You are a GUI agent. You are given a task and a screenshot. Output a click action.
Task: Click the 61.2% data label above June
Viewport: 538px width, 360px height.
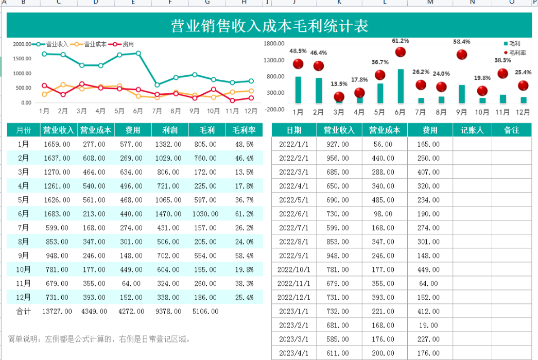click(x=400, y=41)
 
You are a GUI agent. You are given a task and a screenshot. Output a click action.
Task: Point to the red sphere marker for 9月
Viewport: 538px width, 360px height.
click(x=462, y=55)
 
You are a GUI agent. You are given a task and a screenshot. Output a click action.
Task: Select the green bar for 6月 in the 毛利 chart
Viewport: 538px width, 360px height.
click(x=401, y=86)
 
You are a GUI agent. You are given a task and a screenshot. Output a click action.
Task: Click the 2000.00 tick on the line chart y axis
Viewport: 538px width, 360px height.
click(x=22, y=44)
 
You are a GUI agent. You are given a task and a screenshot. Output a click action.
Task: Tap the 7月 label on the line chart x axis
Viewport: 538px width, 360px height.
click(x=157, y=111)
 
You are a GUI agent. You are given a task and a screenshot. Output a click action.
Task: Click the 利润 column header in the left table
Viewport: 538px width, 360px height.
click(x=170, y=130)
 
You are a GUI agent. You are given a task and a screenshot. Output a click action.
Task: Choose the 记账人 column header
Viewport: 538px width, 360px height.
click(x=472, y=130)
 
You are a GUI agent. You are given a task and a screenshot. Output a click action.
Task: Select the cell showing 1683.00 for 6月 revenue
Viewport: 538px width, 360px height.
click(x=58, y=214)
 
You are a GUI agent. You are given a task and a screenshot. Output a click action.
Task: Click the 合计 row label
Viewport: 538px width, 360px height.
click(x=24, y=311)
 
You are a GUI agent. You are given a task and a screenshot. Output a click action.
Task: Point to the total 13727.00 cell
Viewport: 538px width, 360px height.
click(x=58, y=311)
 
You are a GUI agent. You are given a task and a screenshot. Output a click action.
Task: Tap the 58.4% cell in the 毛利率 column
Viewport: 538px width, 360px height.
click(x=244, y=255)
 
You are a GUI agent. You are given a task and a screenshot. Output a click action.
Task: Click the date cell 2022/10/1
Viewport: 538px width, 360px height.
click(x=294, y=269)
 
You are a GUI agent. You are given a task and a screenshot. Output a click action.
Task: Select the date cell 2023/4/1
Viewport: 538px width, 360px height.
click(x=294, y=353)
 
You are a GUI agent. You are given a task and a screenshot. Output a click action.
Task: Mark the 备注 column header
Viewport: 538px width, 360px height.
click(x=511, y=130)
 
